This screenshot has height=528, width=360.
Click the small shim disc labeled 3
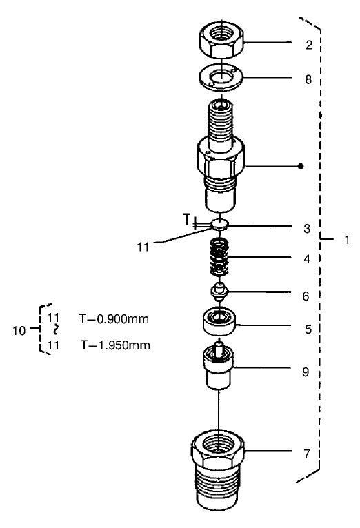point(220,223)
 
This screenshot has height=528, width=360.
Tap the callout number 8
point(309,79)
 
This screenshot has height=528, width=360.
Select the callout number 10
point(21,330)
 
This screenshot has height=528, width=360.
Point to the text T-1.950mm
point(114,344)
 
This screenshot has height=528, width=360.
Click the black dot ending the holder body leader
point(301,167)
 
